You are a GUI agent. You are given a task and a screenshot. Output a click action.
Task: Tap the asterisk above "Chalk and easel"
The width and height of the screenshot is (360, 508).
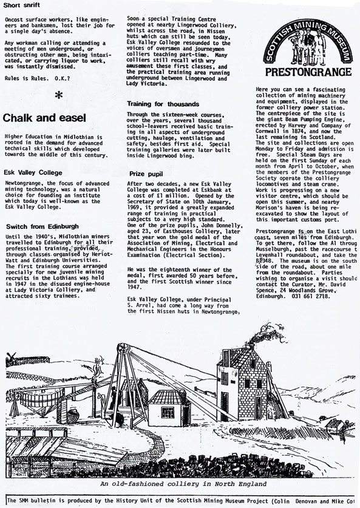(x=58, y=96)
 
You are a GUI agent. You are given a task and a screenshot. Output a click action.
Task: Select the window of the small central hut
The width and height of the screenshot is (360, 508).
(x=168, y=413)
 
